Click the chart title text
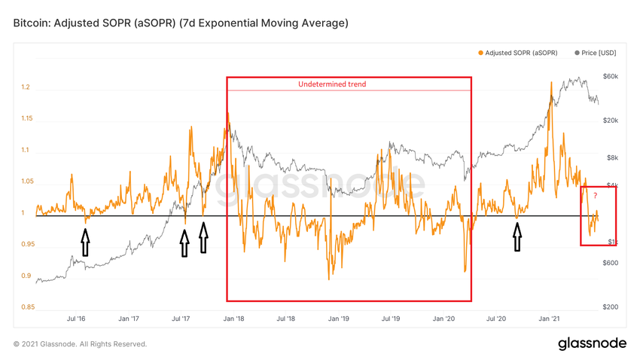point(181,23)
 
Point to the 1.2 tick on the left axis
point(25,87)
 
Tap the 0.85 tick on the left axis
point(27,307)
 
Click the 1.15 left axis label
point(27,119)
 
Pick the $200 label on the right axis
point(609,307)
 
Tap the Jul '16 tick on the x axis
point(76,319)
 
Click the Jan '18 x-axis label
point(233,319)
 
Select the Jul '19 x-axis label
point(391,319)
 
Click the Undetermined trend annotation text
point(332,84)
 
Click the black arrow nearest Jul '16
point(85,243)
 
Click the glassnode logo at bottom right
point(592,343)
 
